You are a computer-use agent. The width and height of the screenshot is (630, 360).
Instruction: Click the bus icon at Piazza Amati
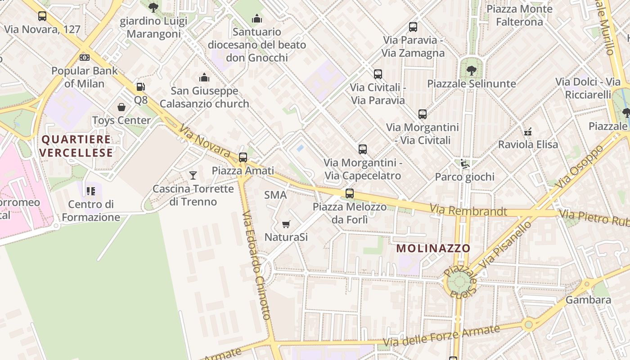coord(243,157)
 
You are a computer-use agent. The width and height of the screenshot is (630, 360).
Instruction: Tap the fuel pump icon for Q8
coord(141,87)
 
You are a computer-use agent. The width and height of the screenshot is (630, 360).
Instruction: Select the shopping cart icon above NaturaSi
coord(286,224)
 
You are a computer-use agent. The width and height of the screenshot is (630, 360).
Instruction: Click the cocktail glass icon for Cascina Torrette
coord(193,175)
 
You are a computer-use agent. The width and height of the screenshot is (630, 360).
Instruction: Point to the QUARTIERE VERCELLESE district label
coord(76,146)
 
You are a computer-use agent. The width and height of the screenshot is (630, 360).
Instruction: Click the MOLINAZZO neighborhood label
coord(433,248)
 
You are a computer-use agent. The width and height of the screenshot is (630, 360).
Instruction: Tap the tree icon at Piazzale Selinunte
coord(471,70)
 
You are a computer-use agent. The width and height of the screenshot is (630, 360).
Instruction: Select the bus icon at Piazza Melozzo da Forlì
coord(350,193)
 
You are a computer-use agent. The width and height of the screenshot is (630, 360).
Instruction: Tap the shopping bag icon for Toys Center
coord(121,107)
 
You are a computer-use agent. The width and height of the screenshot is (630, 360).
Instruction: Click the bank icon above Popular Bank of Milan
coord(84,58)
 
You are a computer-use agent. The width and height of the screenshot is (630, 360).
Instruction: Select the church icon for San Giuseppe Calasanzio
coord(204,78)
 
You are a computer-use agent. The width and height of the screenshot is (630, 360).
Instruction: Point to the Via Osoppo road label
coord(578,166)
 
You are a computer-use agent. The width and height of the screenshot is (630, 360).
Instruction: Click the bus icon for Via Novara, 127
coord(42,16)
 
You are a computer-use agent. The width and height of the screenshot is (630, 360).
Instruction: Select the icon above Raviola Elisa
coord(528,132)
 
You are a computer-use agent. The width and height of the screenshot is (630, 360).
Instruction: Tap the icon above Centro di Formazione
coord(91,191)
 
